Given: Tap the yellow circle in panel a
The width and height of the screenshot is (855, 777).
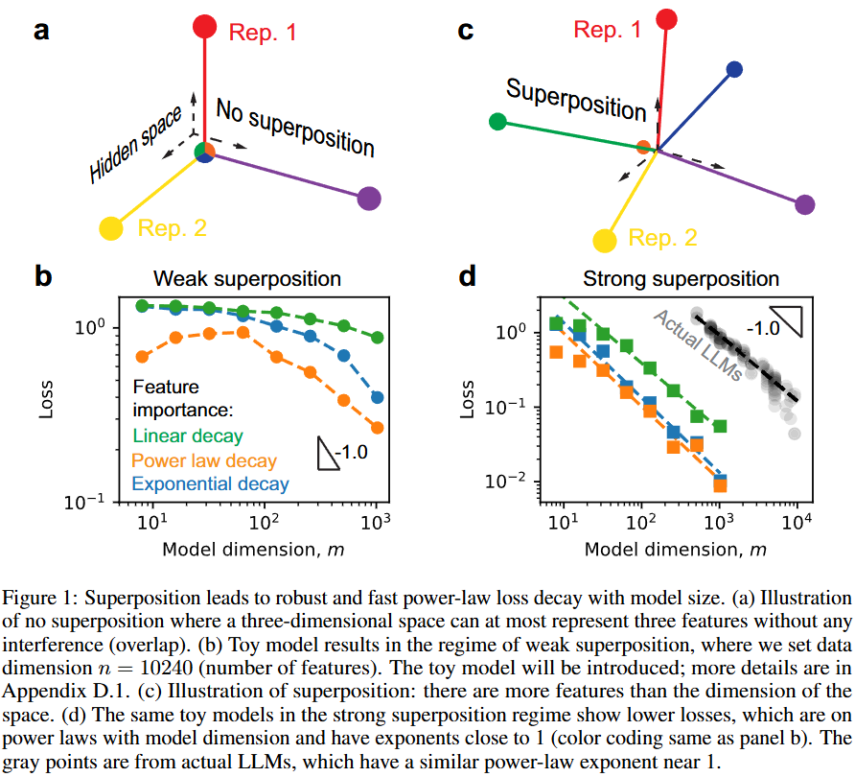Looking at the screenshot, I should (111, 228).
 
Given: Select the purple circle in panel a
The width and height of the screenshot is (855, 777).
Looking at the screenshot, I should (368, 200).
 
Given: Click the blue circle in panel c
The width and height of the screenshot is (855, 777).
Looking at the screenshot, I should (734, 69).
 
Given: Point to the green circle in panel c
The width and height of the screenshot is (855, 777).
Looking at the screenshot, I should (497, 122).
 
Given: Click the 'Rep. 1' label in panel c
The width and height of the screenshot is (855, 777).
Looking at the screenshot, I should (608, 30).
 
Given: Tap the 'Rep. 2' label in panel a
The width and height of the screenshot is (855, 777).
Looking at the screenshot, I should (173, 228).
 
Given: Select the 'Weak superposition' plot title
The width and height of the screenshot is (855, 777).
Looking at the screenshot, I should (247, 279).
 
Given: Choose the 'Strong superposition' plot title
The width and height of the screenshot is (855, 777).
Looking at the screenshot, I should (681, 279).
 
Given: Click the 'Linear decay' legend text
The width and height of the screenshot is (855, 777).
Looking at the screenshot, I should (188, 436).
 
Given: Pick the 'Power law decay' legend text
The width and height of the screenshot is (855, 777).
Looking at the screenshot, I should (204, 460).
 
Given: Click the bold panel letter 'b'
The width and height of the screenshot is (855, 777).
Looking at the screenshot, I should (43, 277).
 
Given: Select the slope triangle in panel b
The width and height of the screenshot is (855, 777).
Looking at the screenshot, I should (328, 452).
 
